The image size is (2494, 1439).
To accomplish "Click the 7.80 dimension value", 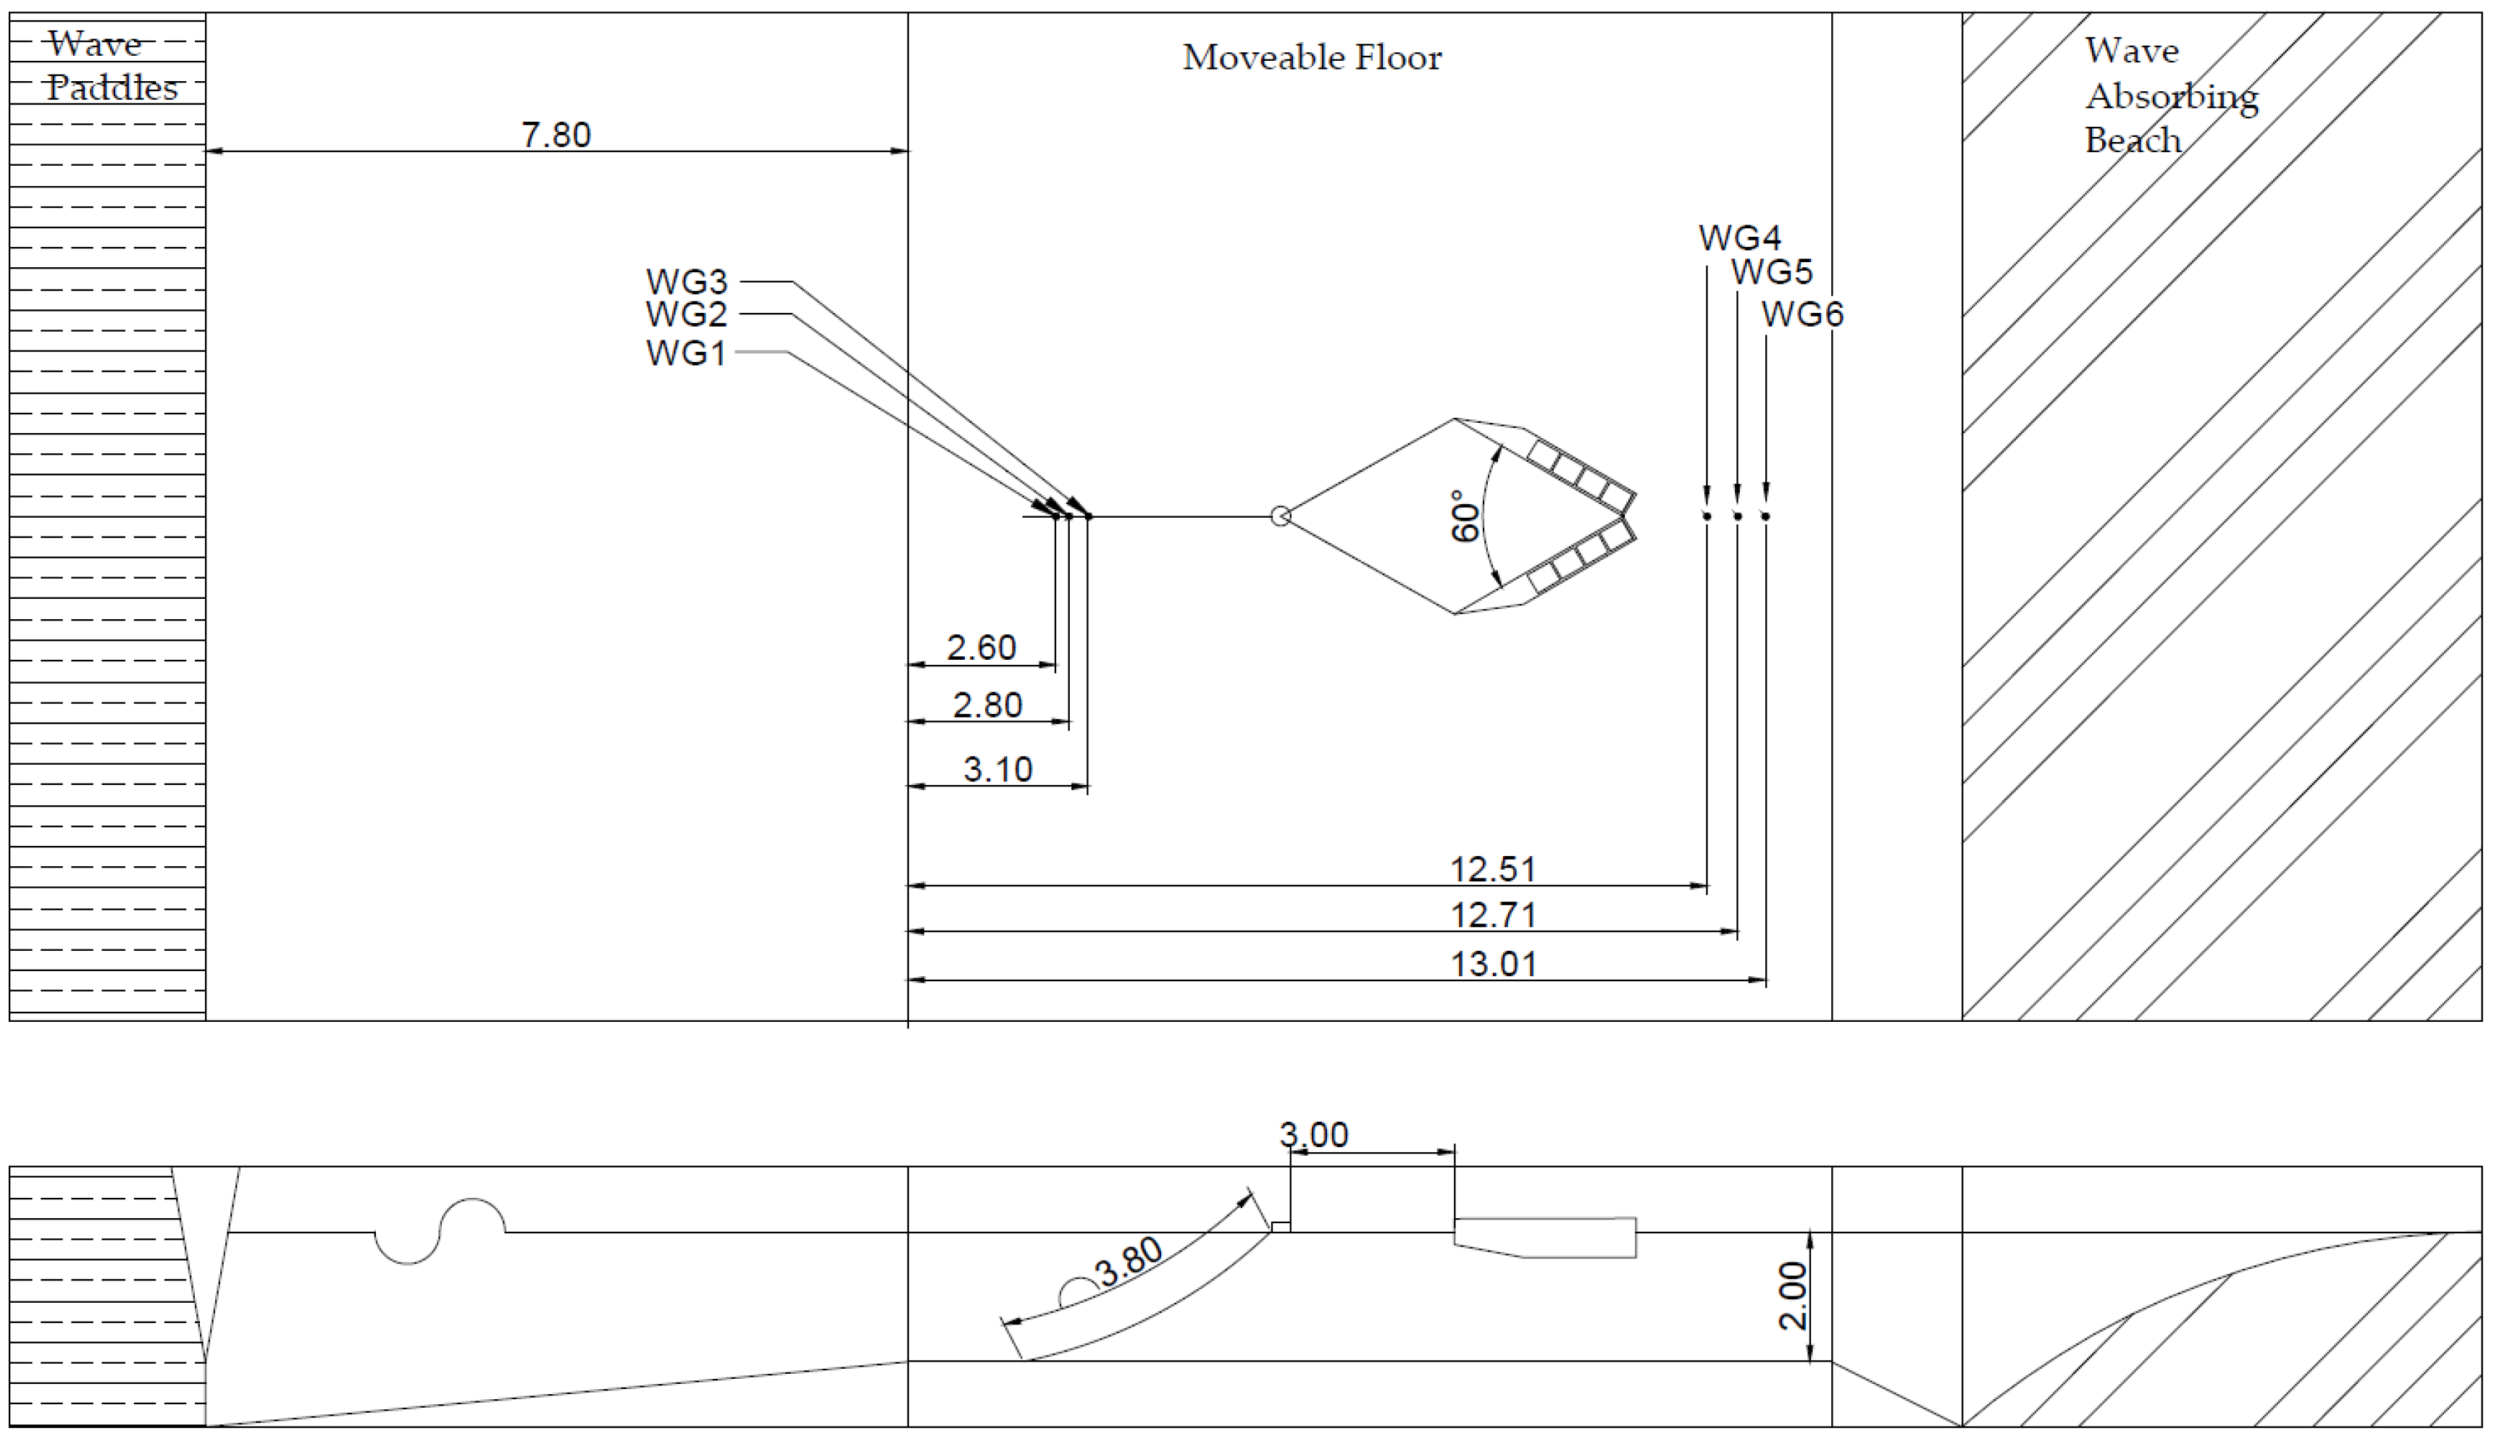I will coord(556,135).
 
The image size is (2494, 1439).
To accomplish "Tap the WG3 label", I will coord(687,282).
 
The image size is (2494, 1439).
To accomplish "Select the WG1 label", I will coord(686,353).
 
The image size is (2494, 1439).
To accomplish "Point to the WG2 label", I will coord(686,314).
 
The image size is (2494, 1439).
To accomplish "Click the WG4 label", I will coord(1740,238).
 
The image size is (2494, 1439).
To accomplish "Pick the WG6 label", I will coord(1802,314).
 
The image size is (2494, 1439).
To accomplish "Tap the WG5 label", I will coord(1771,272).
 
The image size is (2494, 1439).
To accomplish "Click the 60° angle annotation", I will coord(1466,516).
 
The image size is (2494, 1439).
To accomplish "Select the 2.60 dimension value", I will coord(981,647).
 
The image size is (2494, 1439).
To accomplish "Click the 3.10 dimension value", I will coord(997,769).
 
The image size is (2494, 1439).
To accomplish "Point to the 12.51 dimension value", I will coord(1493,869).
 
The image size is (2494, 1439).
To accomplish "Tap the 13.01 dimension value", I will coord(1493,964).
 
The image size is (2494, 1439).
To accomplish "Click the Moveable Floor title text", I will coord(1312,57).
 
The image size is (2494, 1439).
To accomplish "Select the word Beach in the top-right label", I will coord(2133,140).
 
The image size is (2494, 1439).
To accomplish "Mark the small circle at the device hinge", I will coord(1280,516).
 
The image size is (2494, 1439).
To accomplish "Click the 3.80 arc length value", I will coord(1130,1262).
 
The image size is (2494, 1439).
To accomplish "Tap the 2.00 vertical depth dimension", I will coord(1791,1296).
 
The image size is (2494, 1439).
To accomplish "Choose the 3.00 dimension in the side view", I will coord(1314,1135).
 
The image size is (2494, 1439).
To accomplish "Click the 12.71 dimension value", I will coord(1493,915).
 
